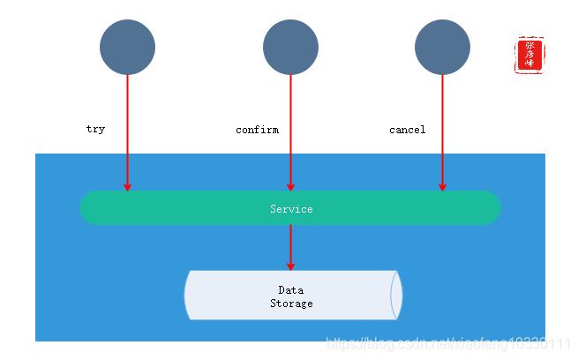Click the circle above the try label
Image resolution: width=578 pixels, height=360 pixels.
tap(127, 47)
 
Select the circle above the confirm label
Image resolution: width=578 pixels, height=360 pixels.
tap(290, 47)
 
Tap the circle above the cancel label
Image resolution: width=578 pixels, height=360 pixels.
tap(442, 47)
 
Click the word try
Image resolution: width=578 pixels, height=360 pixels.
tap(95, 129)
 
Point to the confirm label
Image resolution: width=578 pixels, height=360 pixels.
tap(257, 130)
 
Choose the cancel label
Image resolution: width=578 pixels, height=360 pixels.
tap(407, 130)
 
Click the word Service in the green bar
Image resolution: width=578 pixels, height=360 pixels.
tap(291, 209)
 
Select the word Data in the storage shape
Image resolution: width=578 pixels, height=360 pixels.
tap(291, 290)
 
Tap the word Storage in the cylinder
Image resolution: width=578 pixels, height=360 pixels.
tap(291, 304)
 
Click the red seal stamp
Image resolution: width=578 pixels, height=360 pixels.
tap(529, 55)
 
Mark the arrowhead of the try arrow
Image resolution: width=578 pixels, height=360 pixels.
tap(127, 186)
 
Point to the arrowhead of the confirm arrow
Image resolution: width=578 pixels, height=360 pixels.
tap(290, 186)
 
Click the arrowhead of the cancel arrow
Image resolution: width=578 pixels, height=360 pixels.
tap(442, 186)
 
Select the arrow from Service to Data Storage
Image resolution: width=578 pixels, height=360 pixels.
tap(290, 247)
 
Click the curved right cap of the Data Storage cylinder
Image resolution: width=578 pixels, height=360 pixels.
tap(396, 295)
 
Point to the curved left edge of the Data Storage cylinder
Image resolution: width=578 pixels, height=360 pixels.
tap(188, 295)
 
